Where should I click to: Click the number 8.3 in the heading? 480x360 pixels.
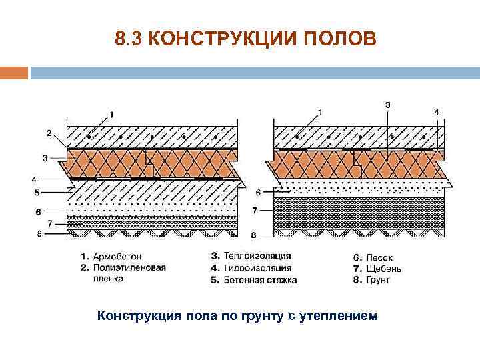click(128, 39)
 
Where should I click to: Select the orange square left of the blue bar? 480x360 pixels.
click(13, 72)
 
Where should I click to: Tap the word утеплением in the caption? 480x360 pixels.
click(339, 315)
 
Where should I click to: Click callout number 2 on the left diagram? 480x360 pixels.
click(48, 133)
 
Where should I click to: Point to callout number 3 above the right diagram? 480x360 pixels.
click(388, 105)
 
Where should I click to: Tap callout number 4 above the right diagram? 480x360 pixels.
click(437, 112)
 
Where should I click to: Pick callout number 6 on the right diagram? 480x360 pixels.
click(257, 192)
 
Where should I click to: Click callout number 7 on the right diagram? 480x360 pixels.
click(255, 211)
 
